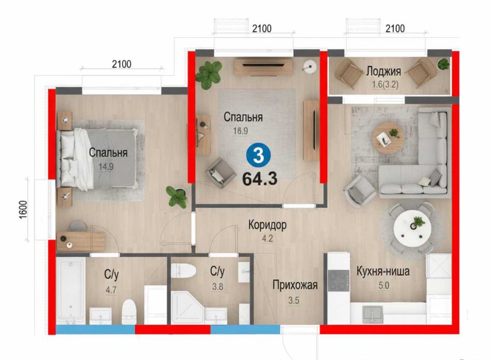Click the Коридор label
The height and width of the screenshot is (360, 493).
tap(267, 225)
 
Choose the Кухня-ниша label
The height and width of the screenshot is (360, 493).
tap(383, 272)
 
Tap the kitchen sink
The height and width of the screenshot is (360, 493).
tap(373, 312)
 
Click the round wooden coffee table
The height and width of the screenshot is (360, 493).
tap(388, 137)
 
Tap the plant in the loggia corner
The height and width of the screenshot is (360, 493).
tap(442, 64)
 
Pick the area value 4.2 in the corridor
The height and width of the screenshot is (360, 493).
tap(267, 238)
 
